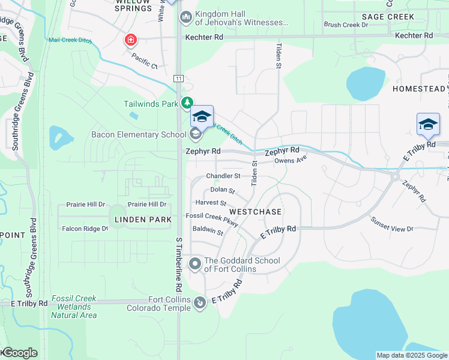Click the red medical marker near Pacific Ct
click(x=130, y=40)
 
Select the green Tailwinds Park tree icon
click(x=188, y=103)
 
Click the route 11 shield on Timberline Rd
click(x=178, y=79)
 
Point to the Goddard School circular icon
click(x=195, y=263)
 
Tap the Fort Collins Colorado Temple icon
click(x=200, y=304)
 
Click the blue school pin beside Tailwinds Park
click(x=202, y=116)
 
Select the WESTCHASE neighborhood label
click(x=255, y=212)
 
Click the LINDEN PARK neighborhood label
click(x=139, y=220)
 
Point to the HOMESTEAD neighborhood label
click(x=418, y=89)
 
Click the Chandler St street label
click(x=223, y=176)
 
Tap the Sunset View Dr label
click(x=393, y=229)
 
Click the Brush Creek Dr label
click(x=346, y=25)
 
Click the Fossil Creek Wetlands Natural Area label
click(x=74, y=307)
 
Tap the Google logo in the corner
click(x=19, y=353)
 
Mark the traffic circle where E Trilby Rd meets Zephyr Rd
click(x=395, y=176)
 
